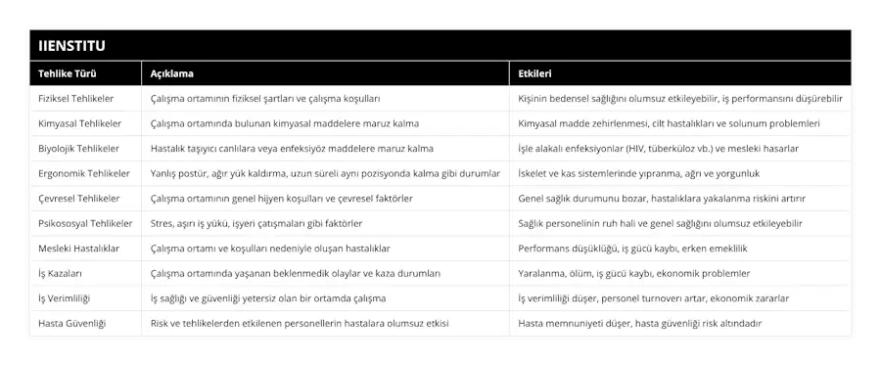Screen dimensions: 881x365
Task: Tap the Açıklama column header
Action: pyautogui.click(x=171, y=73)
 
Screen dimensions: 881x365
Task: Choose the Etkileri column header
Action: pyautogui.click(x=535, y=73)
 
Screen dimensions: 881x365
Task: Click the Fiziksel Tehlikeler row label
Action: pyautogui.click(x=75, y=99)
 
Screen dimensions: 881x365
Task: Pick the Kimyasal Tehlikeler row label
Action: pyautogui.click(x=79, y=124)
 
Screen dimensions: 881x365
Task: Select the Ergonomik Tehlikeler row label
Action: pyautogui.click(x=83, y=174)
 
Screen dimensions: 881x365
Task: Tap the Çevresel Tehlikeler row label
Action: pyautogui.click(x=78, y=199)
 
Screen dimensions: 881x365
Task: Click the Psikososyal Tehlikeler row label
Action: pyautogui.click(x=85, y=224)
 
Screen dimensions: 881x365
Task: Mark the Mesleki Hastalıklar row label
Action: pyautogui.click(x=77, y=249)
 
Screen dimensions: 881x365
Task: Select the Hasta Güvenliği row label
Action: pyautogui.click(x=71, y=323)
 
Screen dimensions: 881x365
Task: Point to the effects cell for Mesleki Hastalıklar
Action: pyautogui.click(x=633, y=249)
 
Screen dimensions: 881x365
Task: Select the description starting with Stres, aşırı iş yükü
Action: pyautogui.click(x=268, y=224)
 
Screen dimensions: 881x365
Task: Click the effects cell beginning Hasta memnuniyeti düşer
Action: pyautogui.click(x=640, y=323)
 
